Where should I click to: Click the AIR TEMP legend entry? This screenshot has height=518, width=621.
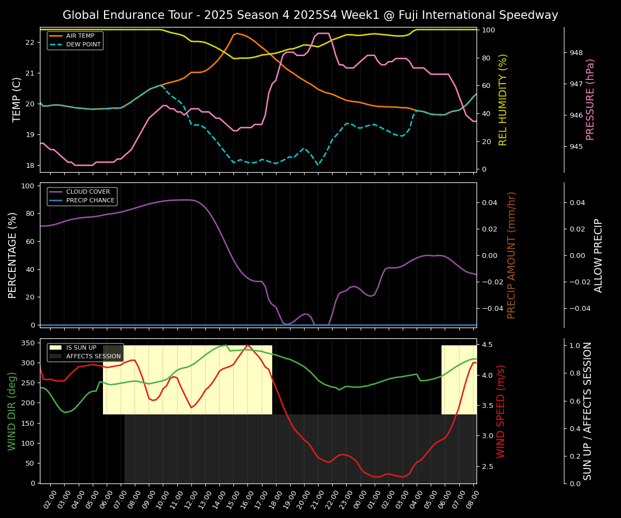[x=80, y=36]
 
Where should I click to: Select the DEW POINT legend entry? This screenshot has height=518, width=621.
[x=83, y=45]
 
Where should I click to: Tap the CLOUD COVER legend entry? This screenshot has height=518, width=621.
[x=88, y=192]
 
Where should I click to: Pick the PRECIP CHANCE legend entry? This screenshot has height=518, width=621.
[x=90, y=201]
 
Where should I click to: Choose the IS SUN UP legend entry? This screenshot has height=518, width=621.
[x=81, y=348]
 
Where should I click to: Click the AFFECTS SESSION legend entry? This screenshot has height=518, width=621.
[x=93, y=356]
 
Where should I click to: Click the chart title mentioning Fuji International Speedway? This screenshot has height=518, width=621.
[x=310, y=15]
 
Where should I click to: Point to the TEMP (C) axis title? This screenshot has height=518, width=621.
[x=17, y=99]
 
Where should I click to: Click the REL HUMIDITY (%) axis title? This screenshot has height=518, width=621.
[x=503, y=99]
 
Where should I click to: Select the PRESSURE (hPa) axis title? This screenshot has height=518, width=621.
[x=590, y=99]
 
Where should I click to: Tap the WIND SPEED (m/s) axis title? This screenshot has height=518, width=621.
[x=501, y=411]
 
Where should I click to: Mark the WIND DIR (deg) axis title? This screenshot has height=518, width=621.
[x=12, y=411]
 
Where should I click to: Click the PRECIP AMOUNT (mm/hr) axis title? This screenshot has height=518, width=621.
[x=512, y=255]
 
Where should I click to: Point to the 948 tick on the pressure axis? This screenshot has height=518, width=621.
[x=576, y=53]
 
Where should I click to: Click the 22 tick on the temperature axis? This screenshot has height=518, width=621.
[x=30, y=42]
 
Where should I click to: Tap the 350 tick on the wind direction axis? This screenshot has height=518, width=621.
[x=29, y=343]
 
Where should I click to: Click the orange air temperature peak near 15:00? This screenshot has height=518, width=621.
[x=237, y=33]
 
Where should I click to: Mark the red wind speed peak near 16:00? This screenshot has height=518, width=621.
[x=247, y=345]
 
